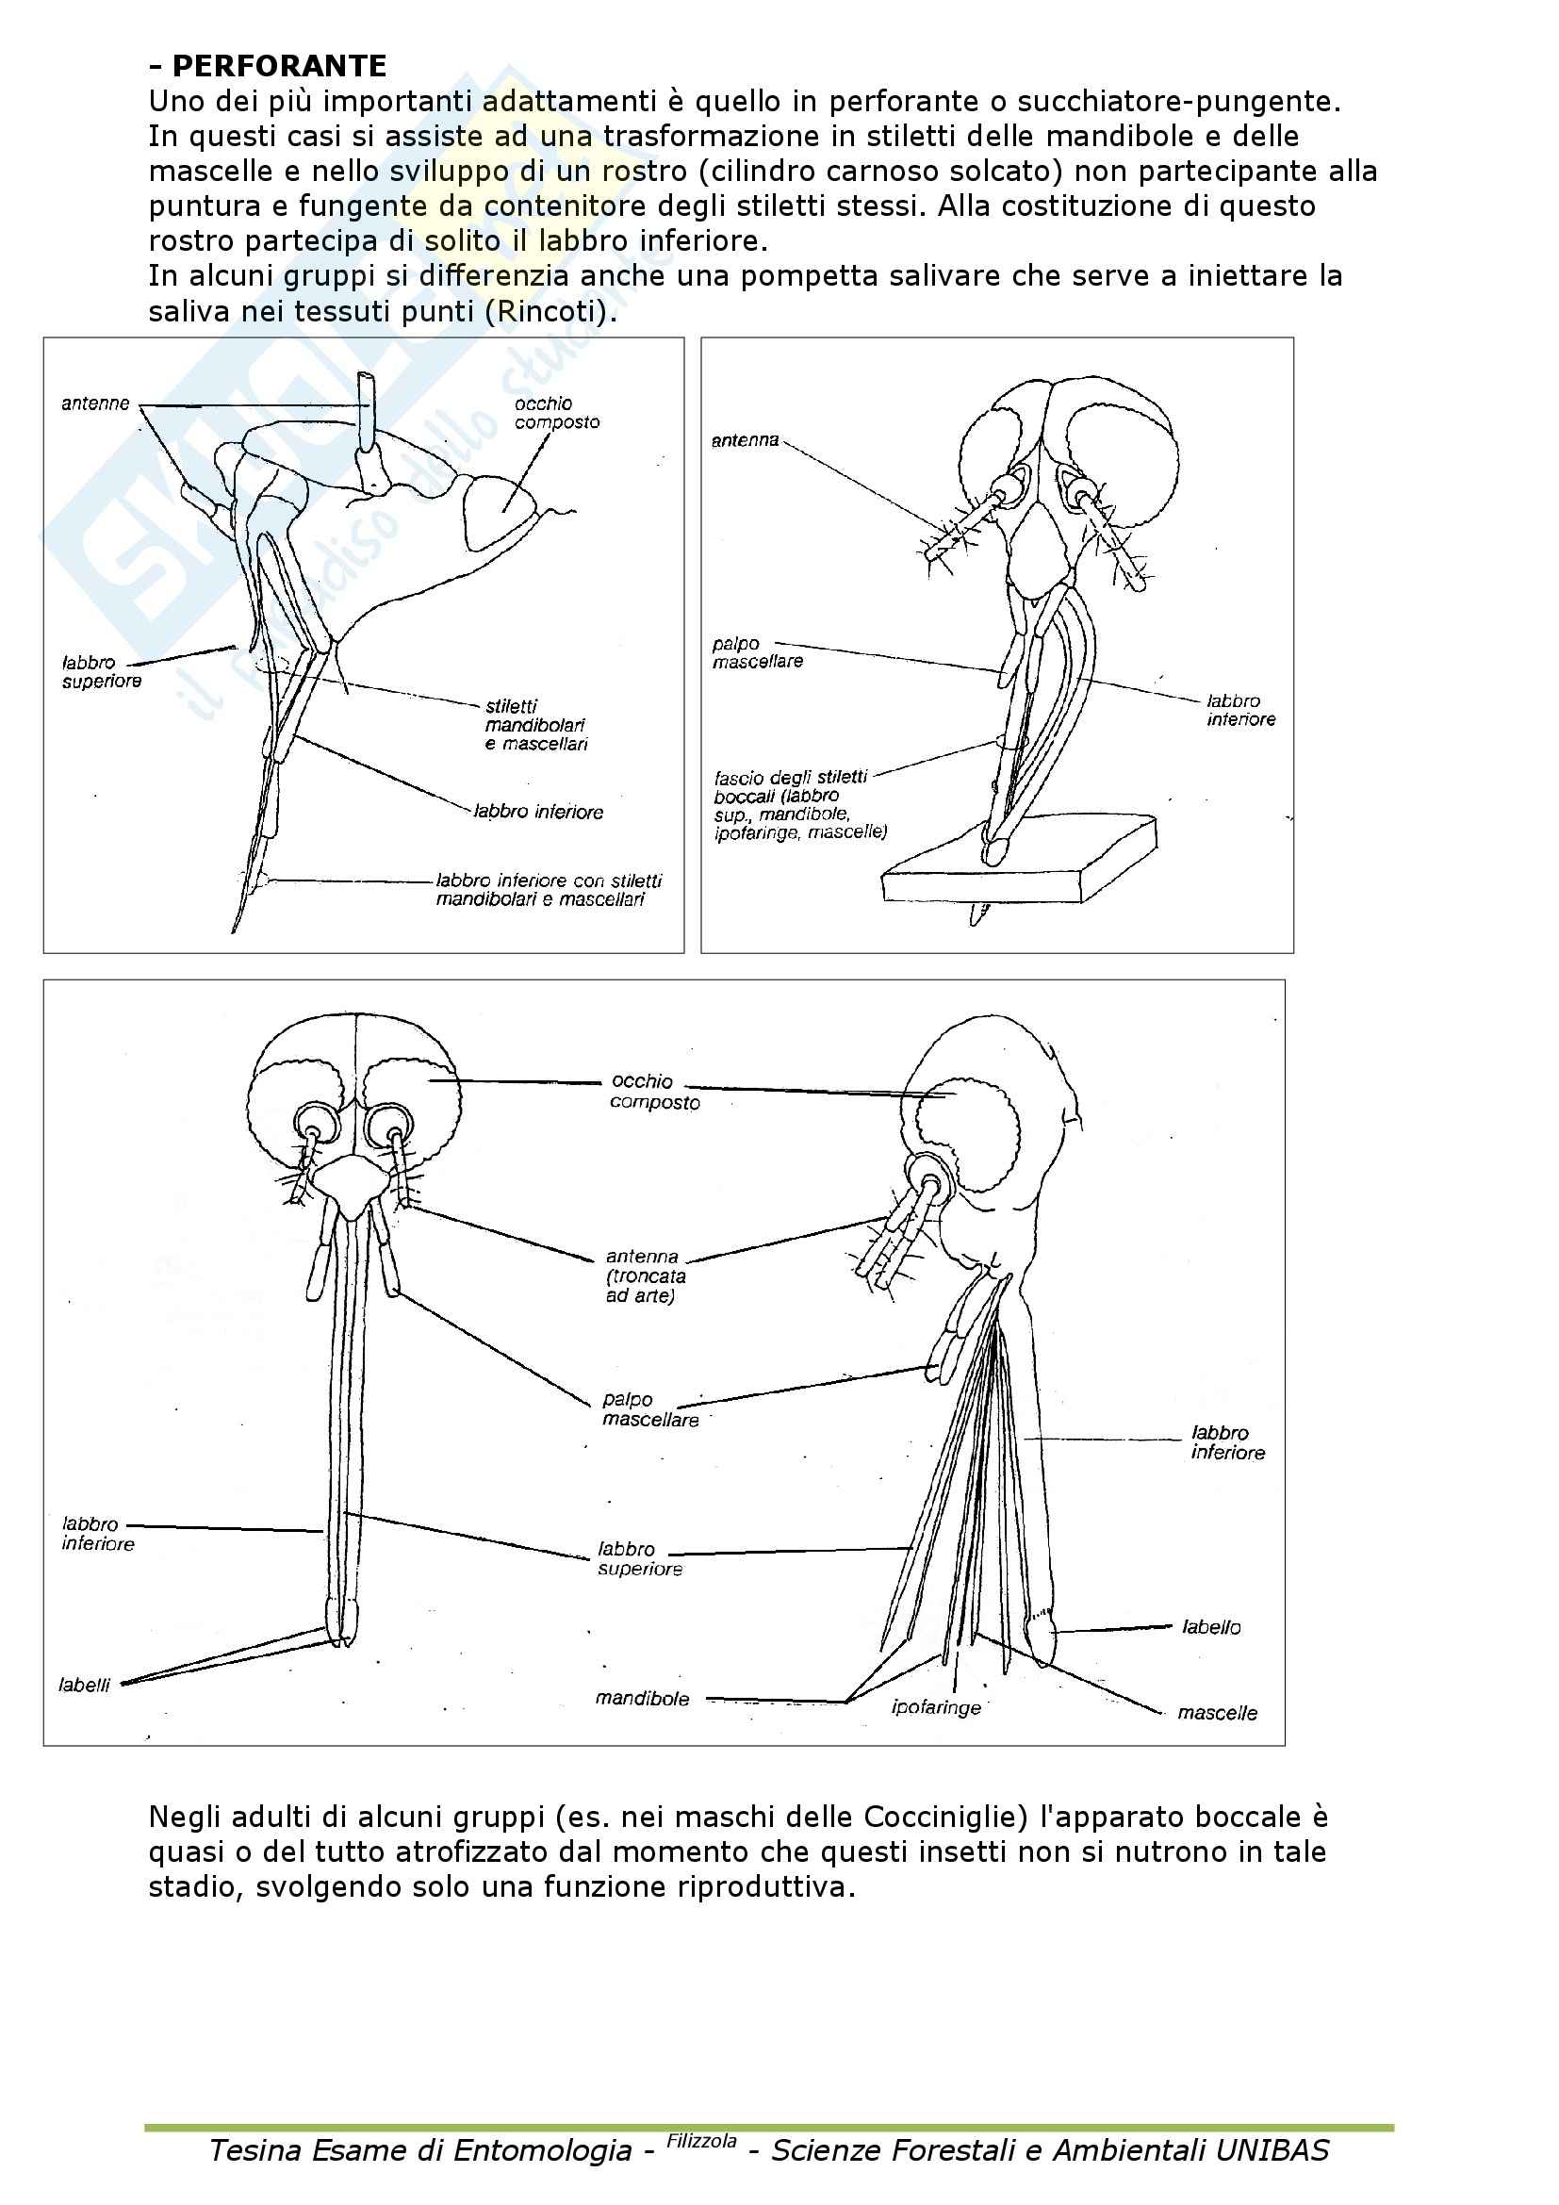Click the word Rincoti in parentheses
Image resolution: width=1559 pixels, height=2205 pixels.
point(550,312)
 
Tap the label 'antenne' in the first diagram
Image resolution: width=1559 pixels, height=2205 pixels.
point(95,403)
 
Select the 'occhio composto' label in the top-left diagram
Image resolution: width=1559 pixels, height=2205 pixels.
point(557,413)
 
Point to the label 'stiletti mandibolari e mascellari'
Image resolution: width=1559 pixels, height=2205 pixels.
point(535,725)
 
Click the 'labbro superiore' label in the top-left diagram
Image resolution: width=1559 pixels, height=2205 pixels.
point(102,672)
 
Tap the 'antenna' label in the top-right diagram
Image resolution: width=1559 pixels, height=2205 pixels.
point(745,441)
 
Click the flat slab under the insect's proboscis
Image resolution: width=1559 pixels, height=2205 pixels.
point(1018,869)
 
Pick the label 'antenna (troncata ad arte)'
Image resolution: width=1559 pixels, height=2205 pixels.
point(645,1275)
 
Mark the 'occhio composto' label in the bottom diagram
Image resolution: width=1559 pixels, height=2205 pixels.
point(655,1092)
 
